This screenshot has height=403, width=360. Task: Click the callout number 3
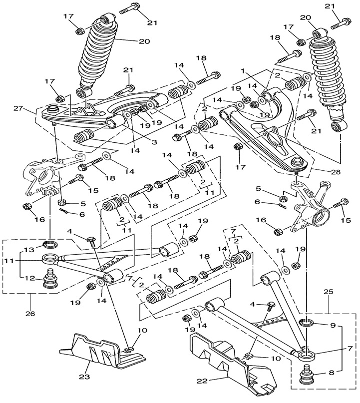[x=154, y=142]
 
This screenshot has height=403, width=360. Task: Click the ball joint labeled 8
[x=306, y=374]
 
